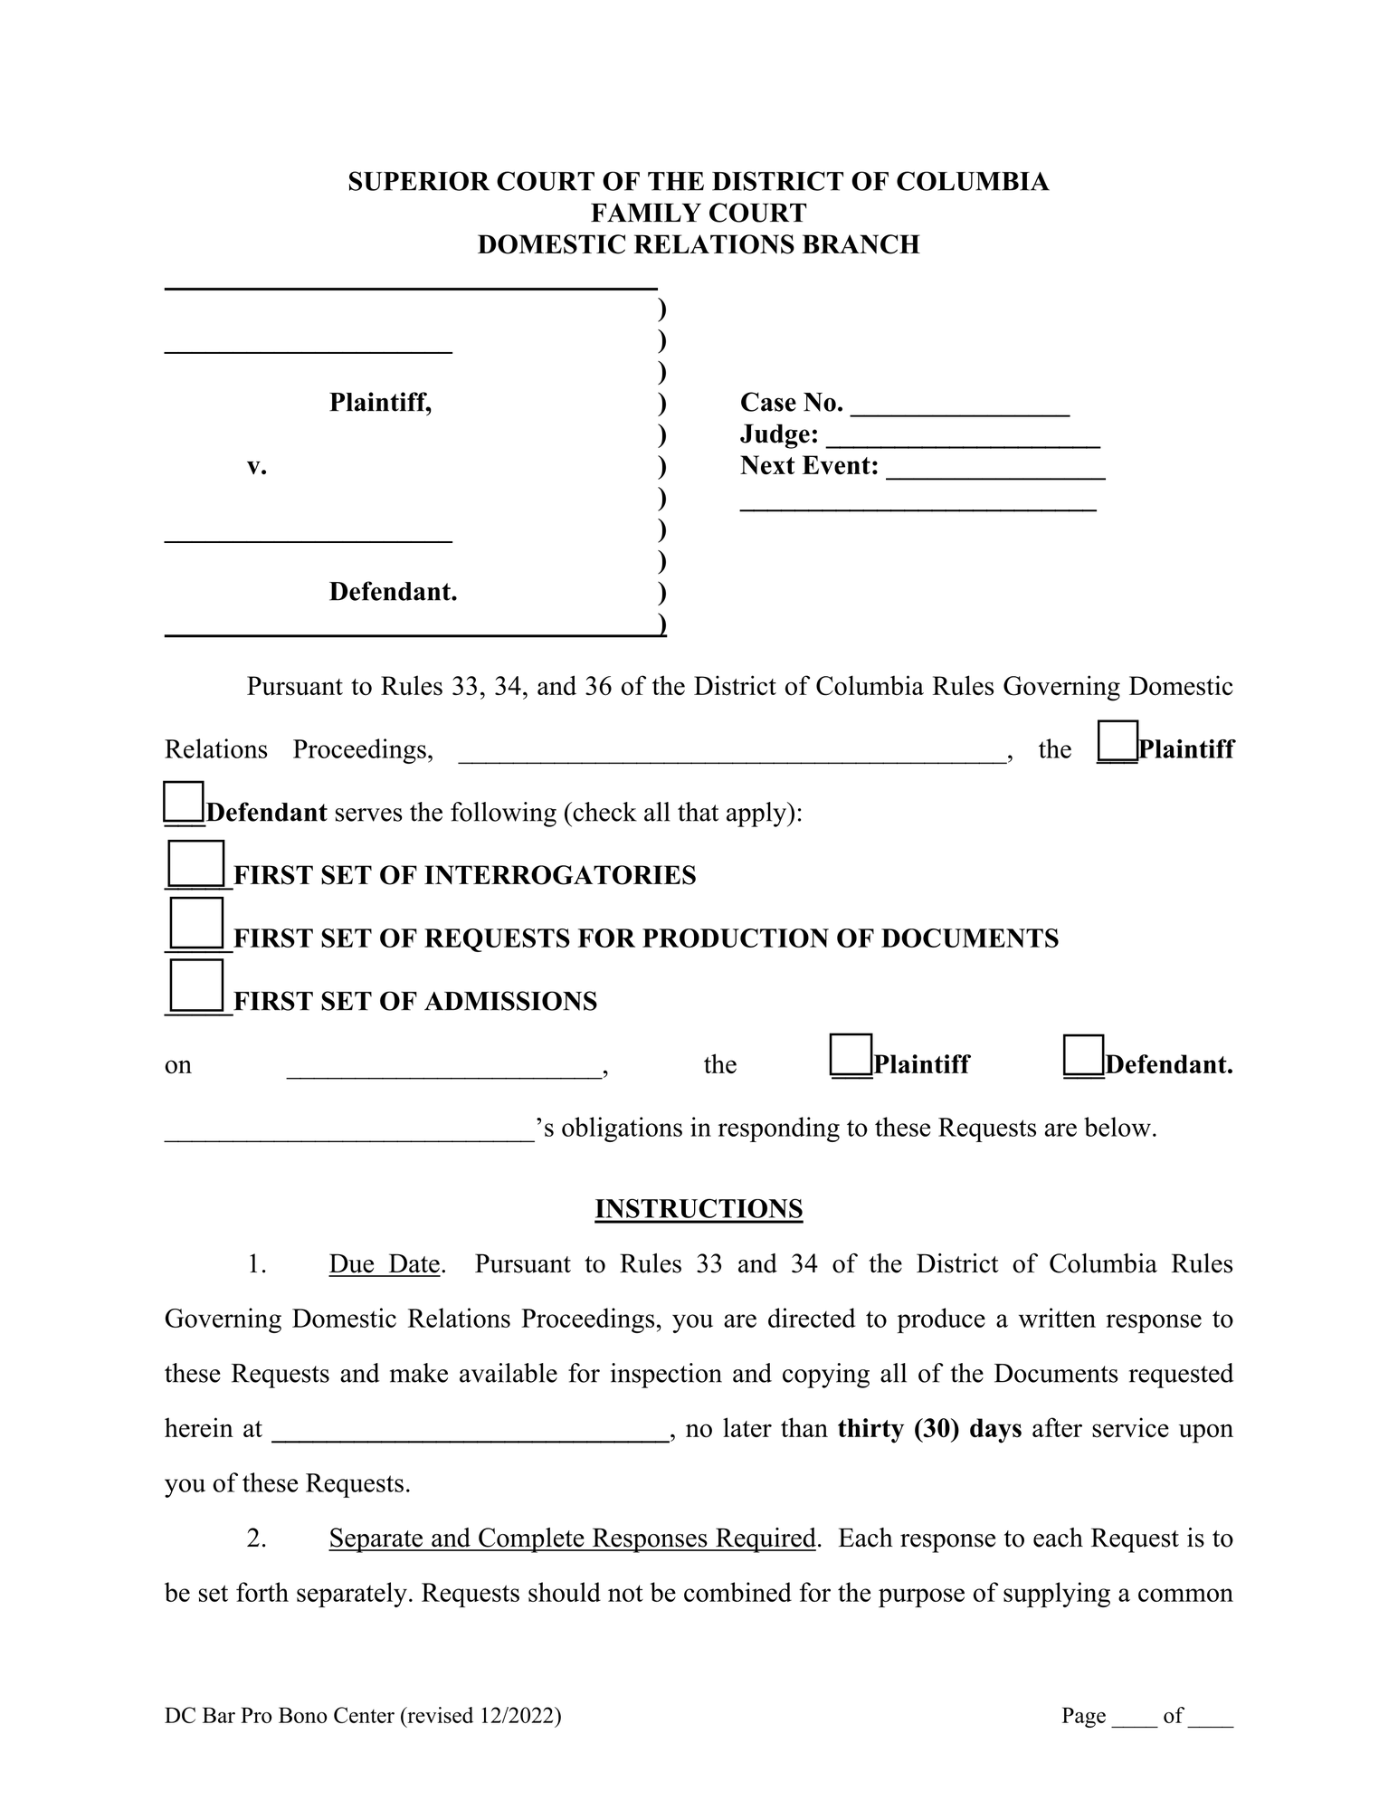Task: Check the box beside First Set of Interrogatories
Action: (x=196, y=864)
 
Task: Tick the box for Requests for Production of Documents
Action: (x=196, y=924)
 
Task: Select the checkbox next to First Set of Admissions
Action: (x=196, y=986)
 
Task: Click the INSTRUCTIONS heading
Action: (x=699, y=1209)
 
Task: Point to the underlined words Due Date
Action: (x=385, y=1264)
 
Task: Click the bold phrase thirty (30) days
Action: (x=929, y=1429)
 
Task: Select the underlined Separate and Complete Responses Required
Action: (x=572, y=1538)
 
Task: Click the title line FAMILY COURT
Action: (x=699, y=213)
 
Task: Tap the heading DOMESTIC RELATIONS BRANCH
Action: (x=699, y=244)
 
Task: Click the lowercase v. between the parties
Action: (x=257, y=467)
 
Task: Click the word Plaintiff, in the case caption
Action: (x=380, y=403)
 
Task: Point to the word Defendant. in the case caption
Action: (x=393, y=592)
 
